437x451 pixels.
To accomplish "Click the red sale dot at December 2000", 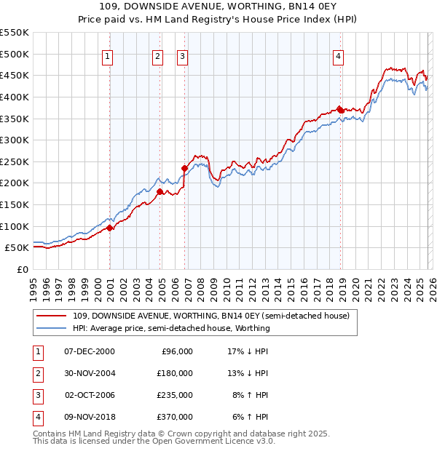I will (x=110, y=228).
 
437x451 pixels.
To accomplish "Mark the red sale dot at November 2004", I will (x=160, y=192).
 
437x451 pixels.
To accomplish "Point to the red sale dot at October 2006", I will (x=184, y=168).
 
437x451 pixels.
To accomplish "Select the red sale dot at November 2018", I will (x=340, y=110).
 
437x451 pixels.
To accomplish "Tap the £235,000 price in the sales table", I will (x=176, y=395).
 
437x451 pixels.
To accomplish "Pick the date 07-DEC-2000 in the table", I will (x=90, y=351).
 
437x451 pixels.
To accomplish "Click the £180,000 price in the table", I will (x=176, y=373).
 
